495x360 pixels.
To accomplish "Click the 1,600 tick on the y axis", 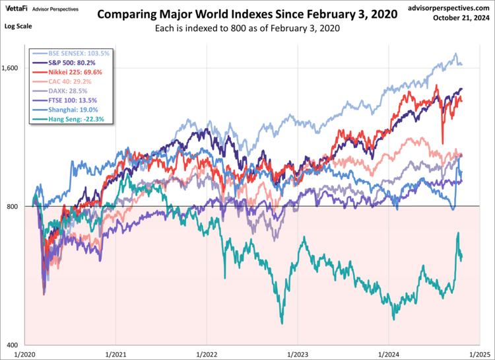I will (x=13, y=68).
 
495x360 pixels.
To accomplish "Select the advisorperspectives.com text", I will (x=446, y=7).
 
